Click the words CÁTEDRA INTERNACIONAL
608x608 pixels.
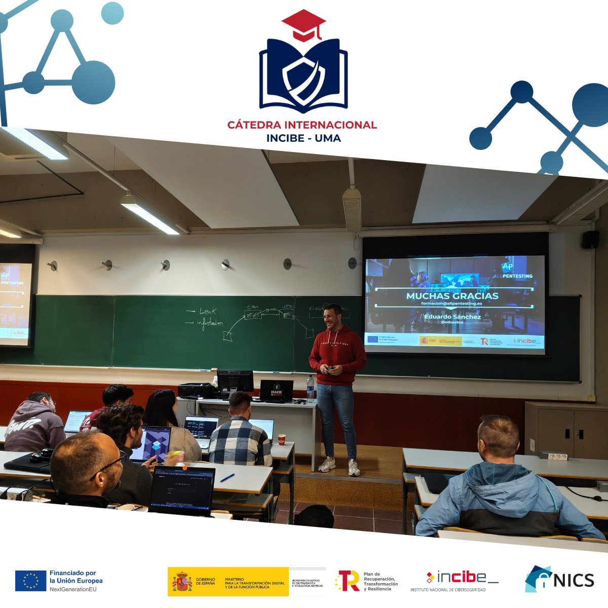tap(302, 125)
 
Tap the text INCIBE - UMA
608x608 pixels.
tap(303, 138)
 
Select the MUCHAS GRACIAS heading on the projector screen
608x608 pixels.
tap(452, 296)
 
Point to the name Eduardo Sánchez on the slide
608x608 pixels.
tap(452, 317)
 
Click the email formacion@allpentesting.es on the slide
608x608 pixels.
tap(451, 303)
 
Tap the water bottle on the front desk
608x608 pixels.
tap(310, 389)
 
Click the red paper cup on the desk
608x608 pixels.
tap(282, 439)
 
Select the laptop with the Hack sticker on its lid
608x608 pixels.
tap(276, 391)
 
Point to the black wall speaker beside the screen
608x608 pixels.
tap(590, 239)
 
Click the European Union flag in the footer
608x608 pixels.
tap(30, 581)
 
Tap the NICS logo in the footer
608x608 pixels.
tap(559, 579)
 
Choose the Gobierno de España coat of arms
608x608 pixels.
tap(182, 581)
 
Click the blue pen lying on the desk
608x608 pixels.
tap(227, 478)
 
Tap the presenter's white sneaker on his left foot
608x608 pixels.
tap(354, 468)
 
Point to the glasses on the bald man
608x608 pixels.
tap(110, 465)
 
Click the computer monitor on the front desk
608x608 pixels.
tap(235, 381)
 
